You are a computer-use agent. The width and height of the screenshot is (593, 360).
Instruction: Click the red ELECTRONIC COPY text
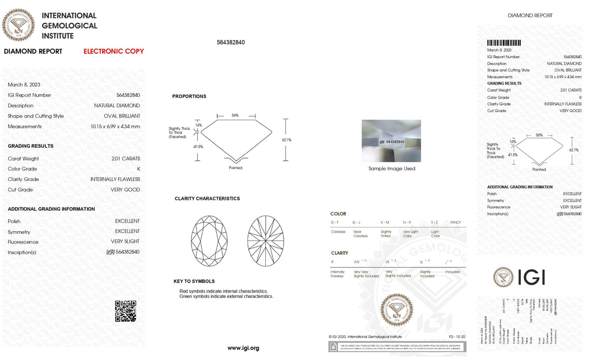pyautogui.click(x=114, y=51)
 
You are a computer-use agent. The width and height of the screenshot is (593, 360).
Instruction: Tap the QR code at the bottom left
pyautogui.click(x=125, y=311)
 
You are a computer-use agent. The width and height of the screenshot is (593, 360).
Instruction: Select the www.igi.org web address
pyautogui.click(x=243, y=348)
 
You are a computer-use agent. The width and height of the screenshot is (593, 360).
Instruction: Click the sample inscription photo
pyautogui.click(x=391, y=141)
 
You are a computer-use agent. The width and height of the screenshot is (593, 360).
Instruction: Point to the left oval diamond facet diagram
pyautogui.click(x=209, y=240)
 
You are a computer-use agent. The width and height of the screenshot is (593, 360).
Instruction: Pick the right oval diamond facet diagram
pyautogui.click(x=266, y=240)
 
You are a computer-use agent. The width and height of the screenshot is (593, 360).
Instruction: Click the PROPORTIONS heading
pyautogui.click(x=189, y=96)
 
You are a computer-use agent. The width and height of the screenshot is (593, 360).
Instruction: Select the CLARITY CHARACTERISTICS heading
pyautogui.click(x=207, y=198)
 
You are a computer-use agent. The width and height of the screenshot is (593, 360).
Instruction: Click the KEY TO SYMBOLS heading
pyautogui.click(x=194, y=281)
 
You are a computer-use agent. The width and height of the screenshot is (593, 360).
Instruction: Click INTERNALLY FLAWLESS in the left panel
pyautogui.click(x=116, y=179)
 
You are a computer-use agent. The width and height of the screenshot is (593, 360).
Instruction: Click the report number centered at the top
pyautogui.click(x=231, y=43)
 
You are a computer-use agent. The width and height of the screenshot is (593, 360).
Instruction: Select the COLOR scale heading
pyautogui.click(x=338, y=214)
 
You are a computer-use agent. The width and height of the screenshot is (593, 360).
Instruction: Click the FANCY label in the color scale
pyautogui.click(x=455, y=223)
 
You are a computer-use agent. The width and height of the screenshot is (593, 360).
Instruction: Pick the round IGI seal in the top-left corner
pyautogui.click(x=19, y=24)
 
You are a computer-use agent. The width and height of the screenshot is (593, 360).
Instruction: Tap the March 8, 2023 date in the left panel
pyautogui.click(x=24, y=85)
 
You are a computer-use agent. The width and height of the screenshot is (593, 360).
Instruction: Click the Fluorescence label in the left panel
pyautogui.click(x=23, y=242)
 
